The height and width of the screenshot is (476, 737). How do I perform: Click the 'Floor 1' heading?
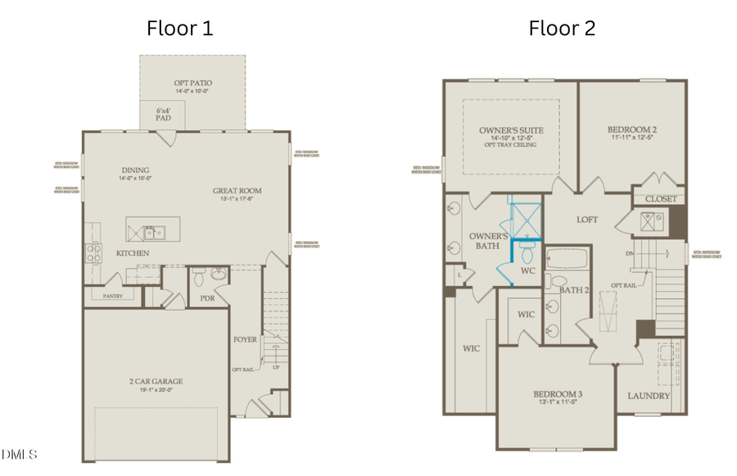tap(180, 28)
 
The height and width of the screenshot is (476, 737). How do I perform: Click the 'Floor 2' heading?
tap(562, 28)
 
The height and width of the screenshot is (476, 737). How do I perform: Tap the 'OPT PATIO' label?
tap(192, 83)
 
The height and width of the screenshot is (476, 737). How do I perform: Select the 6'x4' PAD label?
tap(164, 113)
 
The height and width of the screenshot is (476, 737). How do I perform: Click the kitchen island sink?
tap(154, 232)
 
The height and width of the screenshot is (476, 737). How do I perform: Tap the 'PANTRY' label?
tap(112, 295)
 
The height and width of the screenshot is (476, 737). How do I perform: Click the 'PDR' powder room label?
tap(207, 299)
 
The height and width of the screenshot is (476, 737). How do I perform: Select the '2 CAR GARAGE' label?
tap(156, 381)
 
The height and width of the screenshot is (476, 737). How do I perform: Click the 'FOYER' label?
tap(245, 339)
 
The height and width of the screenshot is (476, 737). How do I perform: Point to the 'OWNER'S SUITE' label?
tap(511, 130)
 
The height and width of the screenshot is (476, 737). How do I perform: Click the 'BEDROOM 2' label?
tap(632, 130)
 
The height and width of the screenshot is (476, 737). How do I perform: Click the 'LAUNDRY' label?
tap(649, 396)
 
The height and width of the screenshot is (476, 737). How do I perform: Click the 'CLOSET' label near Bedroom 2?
tap(660, 199)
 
